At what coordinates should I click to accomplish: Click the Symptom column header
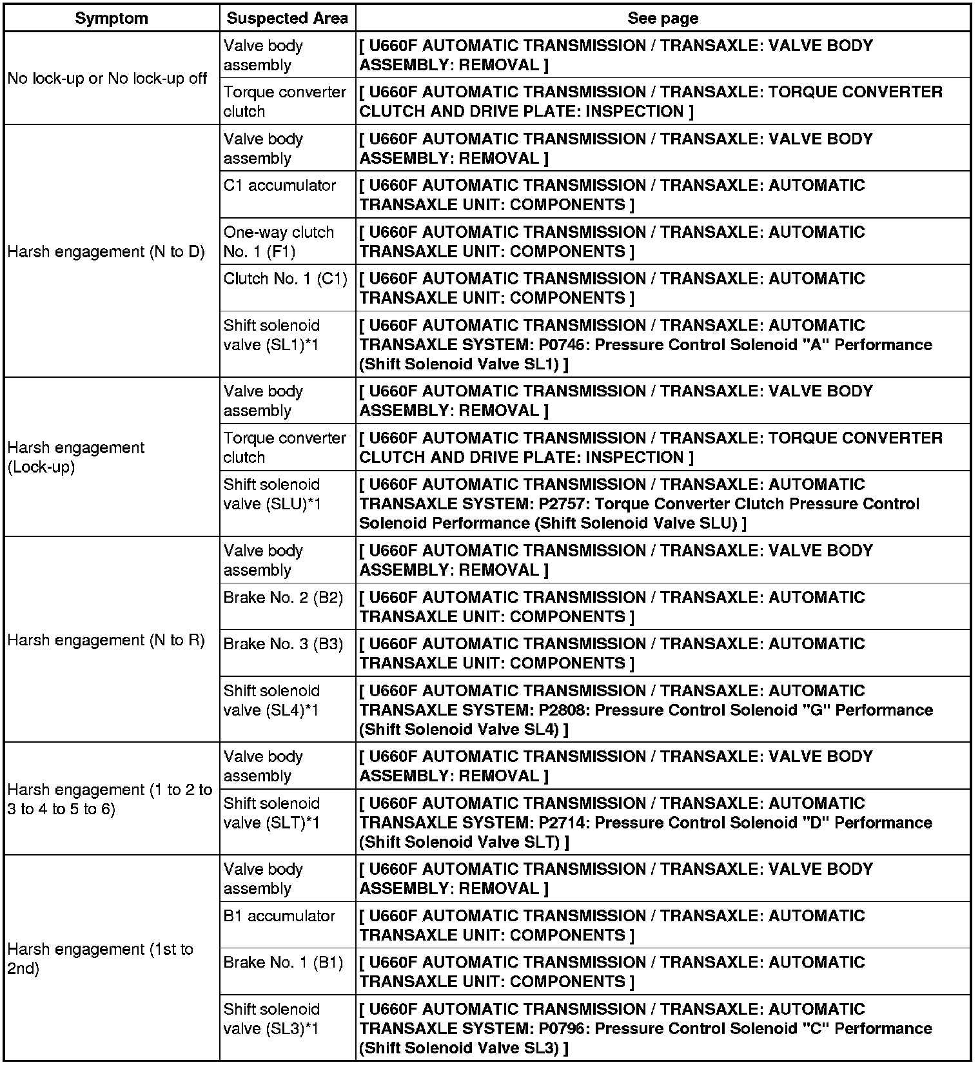pyautogui.click(x=111, y=18)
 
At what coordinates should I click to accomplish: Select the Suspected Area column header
pyautogui.click(x=287, y=18)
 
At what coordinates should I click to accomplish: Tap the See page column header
pyautogui.click(x=662, y=18)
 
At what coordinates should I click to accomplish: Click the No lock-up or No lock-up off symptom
pyautogui.click(x=107, y=79)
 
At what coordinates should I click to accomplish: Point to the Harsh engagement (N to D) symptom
pyautogui.click(x=106, y=251)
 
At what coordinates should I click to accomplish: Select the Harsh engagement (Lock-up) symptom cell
pyautogui.click(x=76, y=457)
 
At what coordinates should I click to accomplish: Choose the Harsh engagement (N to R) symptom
pyautogui.click(x=106, y=640)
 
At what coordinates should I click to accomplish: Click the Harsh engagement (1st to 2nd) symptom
pyautogui.click(x=100, y=959)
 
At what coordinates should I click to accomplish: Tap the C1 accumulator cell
pyautogui.click(x=279, y=186)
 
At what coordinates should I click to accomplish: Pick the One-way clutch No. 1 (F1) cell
pyautogui.click(x=279, y=242)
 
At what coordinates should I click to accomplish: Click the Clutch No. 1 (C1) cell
pyautogui.click(x=285, y=279)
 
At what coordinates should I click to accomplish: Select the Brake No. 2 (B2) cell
pyautogui.click(x=283, y=598)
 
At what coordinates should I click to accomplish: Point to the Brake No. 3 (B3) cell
pyautogui.click(x=283, y=644)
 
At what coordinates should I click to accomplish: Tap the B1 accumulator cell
pyautogui.click(x=279, y=916)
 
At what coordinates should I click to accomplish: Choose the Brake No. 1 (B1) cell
pyautogui.click(x=283, y=962)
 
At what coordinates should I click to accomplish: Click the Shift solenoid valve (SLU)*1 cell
pyautogui.click(x=271, y=494)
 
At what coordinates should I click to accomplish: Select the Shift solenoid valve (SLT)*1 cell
pyautogui.click(x=271, y=813)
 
